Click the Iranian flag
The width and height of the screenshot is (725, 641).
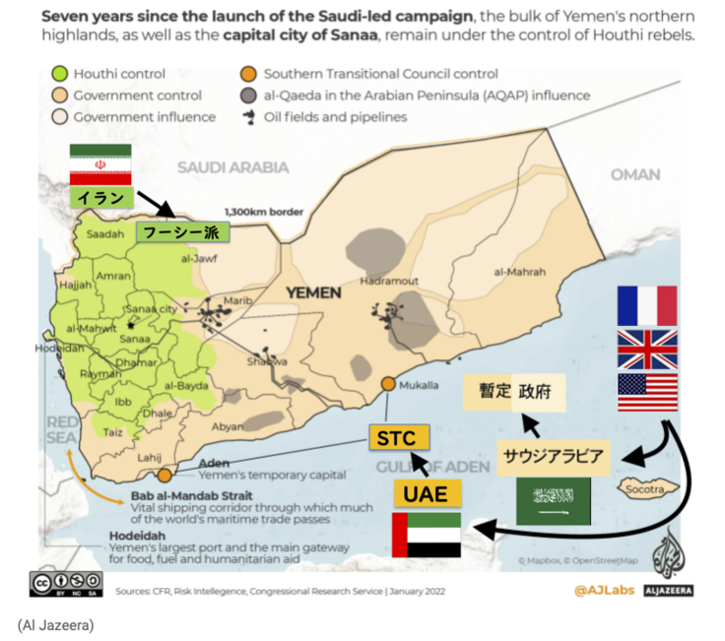pyautogui.click(x=99, y=164)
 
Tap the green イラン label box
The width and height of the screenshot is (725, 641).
pyautogui.click(x=100, y=199)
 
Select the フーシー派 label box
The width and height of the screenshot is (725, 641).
pyautogui.click(x=182, y=232)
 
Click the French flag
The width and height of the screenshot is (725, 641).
pyautogui.click(x=646, y=305)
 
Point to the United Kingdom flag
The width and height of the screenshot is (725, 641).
pyautogui.click(x=646, y=349)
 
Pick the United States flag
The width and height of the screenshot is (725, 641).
pyautogui.click(x=646, y=392)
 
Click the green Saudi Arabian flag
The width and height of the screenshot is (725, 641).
pyautogui.click(x=553, y=501)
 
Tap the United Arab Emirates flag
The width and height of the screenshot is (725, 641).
pyautogui.click(x=426, y=535)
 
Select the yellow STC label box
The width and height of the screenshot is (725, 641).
pyautogui.click(x=400, y=437)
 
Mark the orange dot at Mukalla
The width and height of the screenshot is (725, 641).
pyautogui.click(x=389, y=384)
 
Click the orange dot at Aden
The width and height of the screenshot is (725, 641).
pyautogui.click(x=165, y=475)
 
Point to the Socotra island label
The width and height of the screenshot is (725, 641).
pyautogui.click(x=651, y=488)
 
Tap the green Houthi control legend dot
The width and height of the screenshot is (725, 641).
pyautogui.click(x=59, y=74)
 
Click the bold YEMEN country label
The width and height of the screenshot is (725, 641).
pyautogui.click(x=313, y=292)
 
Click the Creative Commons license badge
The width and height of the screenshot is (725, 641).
pyautogui.click(x=67, y=583)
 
